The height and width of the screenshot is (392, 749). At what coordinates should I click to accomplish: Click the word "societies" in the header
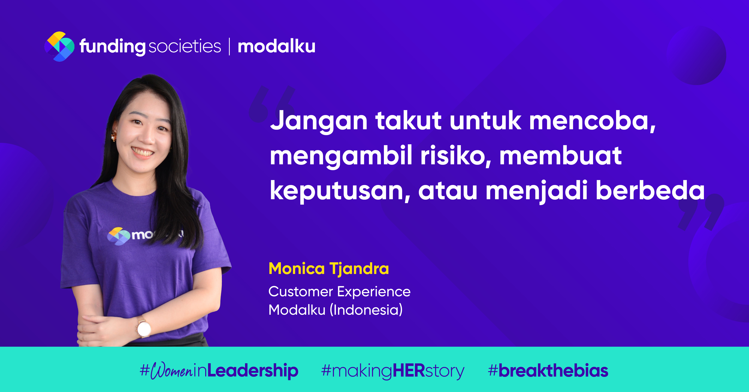point(185,47)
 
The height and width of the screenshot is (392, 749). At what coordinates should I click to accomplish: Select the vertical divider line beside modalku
point(229,47)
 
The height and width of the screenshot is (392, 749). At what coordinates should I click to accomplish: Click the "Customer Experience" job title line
point(339,292)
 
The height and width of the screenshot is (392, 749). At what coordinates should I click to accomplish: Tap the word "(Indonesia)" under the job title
point(366,310)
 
